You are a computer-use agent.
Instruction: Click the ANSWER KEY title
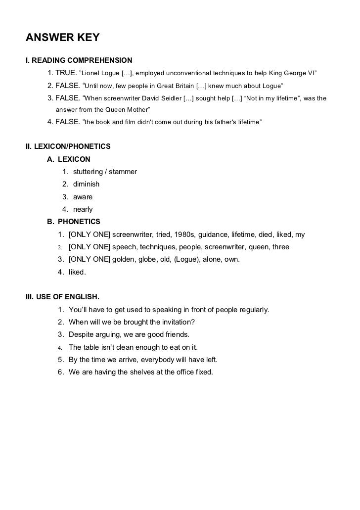click(x=63, y=38)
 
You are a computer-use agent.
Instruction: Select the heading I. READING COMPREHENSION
click(x=79, y=61)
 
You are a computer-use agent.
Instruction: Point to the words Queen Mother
click(x=128, y=109)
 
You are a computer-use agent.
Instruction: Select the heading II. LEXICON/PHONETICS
click(x=68, y=146)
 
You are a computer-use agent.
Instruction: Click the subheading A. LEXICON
click(x=69, y=159)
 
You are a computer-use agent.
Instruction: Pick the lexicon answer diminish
click(x=86, y=184)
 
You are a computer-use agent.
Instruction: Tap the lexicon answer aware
click(x=83, y=197)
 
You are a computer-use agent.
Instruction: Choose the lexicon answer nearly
click(x=83, y=209)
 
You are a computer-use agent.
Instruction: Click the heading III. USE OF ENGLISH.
click(x=62, y=297)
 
